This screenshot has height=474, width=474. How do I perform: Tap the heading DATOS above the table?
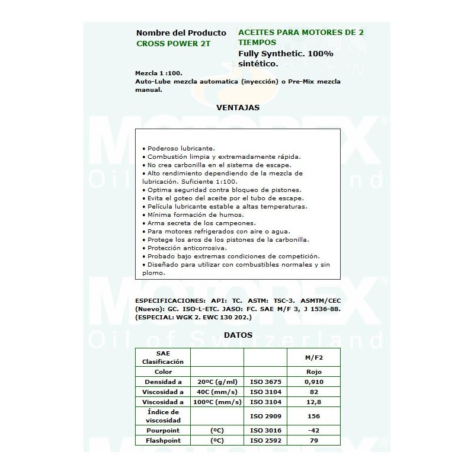click(x=238, y=335)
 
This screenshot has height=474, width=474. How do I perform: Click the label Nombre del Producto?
click(x=181, y=33)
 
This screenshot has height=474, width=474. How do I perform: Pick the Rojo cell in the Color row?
click(x=313, y=371)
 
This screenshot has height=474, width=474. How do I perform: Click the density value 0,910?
click(x=313, y=382)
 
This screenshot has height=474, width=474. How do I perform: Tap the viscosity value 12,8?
click(x=313, y=402)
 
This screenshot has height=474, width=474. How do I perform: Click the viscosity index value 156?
click(x=313, y=416)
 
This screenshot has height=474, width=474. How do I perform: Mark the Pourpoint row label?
click(x=163, y=430)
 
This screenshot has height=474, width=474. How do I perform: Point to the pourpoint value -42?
click(x=313, y=430)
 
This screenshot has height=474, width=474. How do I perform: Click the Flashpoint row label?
click(x=163, y=440)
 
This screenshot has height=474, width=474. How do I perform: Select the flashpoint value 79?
click(x=313, y=440)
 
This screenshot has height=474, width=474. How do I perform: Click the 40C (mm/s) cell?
click(x=217, y=392)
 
